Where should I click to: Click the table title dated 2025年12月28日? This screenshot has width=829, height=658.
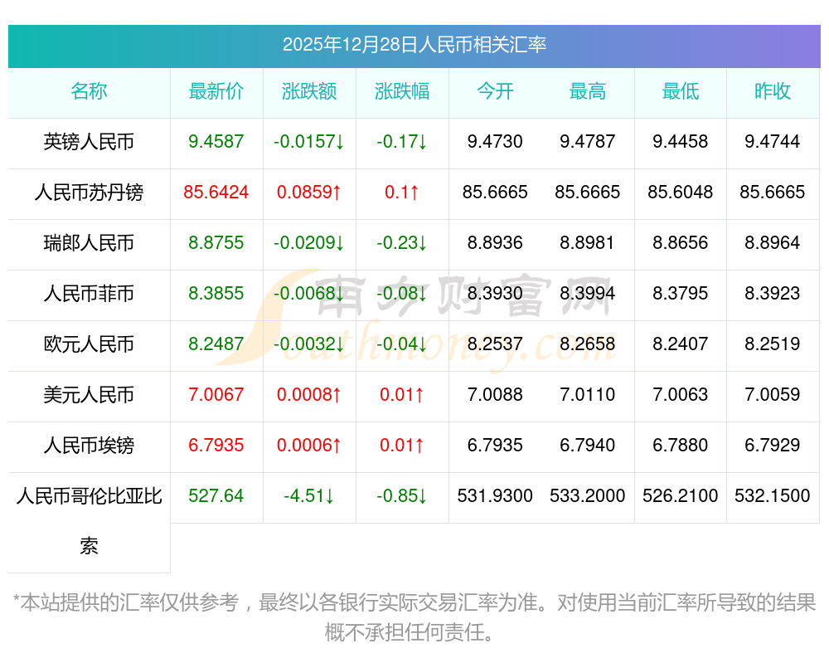pos(414,45)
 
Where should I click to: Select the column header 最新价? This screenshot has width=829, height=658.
pos(216,91)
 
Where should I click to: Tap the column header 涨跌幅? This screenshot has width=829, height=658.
pos(402,91)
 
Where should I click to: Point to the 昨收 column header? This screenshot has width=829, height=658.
pos(773,91)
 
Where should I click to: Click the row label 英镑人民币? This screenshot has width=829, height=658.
pos(89,142)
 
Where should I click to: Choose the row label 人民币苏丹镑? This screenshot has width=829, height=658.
pos(89,193)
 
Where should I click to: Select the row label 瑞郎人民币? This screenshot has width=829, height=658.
pos(89,243)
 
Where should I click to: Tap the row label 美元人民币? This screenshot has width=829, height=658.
pos(89,395)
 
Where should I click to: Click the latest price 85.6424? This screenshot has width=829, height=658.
pos(216,193)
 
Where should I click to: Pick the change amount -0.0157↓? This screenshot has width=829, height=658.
pos(309,142)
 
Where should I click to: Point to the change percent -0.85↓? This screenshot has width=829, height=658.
pos(402,496)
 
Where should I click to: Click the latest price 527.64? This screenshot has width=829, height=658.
pos(216,496)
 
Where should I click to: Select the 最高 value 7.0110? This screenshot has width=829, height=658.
pos(588,395)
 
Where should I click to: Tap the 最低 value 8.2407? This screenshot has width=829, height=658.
pos(681,344)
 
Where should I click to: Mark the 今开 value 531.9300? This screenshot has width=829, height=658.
pos(495,496)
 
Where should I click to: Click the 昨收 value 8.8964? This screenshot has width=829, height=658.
pos(773,243)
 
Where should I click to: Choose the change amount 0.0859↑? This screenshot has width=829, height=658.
pos(309,193)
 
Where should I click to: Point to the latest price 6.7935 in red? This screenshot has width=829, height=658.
pos(216,446)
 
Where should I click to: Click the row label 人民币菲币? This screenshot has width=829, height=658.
pos(89,294)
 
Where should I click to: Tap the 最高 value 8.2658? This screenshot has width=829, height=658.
pos(588,344)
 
